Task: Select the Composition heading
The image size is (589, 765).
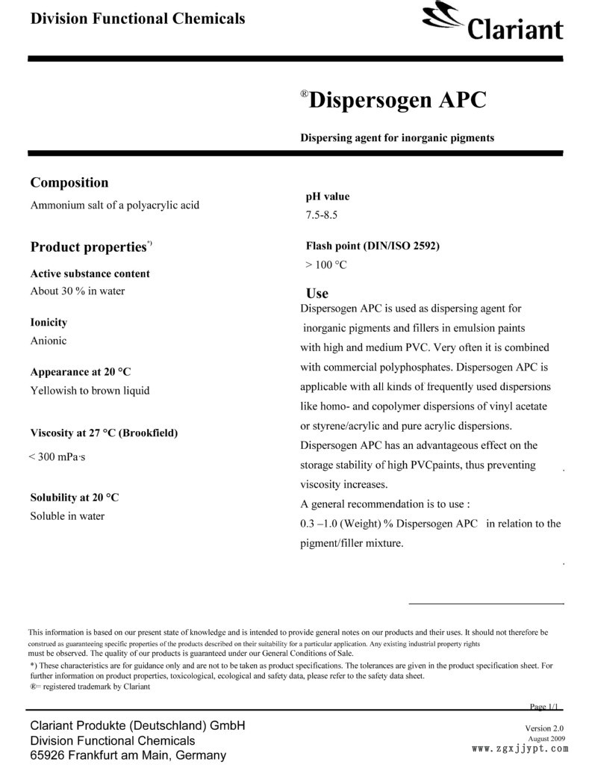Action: point(69,182)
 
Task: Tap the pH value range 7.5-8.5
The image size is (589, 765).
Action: point(321,215)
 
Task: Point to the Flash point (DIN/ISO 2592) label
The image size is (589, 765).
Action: point(373,246)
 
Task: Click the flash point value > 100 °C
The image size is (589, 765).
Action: point(326,264)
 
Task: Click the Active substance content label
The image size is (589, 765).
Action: point(90,273)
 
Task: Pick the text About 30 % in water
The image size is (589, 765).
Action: point(77,291)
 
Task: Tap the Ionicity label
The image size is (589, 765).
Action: point(49,323)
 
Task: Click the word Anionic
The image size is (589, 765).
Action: point(48,341)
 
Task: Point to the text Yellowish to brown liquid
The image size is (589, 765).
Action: point(90,390)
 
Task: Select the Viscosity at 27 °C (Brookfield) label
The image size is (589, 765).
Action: point(104,433)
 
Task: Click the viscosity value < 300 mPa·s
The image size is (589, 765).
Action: point(57,456)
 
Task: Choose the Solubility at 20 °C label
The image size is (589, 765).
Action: point(74,497)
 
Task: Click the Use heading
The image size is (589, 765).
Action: point(317,294)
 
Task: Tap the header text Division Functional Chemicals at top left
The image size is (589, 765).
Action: point(137,19)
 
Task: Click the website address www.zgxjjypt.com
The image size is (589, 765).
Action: point(520,748)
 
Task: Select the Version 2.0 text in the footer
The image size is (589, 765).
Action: point(544,728)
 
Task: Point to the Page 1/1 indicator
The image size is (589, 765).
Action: point(543,707)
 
